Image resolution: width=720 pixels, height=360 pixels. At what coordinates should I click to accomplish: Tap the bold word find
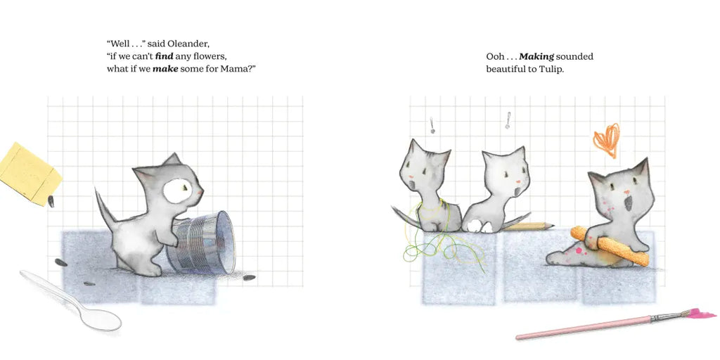[x=164, y=57]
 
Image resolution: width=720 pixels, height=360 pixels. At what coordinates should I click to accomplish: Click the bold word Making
[x=536, y=56]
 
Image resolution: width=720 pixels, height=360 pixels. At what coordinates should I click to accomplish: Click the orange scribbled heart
[x=607, y=140]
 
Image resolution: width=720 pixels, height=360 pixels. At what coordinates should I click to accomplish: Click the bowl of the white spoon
[x=101, y=319]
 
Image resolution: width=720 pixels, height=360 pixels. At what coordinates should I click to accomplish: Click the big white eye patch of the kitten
[x=177, y=191]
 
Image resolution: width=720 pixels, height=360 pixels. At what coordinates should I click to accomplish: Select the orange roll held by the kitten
[x=610, y=245]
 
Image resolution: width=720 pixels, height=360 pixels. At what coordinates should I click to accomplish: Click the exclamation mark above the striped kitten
[x=432, y=125]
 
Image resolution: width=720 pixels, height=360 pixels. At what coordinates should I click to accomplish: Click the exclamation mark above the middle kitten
[x=508, y=120]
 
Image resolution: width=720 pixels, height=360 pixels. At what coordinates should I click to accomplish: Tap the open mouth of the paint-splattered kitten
[x=628, y=202]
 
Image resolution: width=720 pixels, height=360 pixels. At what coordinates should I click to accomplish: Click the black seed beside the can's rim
[x=249, y=277]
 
